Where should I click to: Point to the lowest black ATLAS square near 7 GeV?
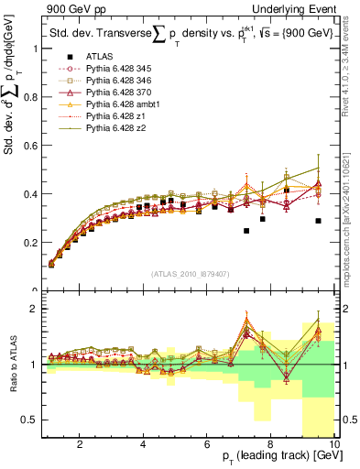(x=246, y=231)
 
